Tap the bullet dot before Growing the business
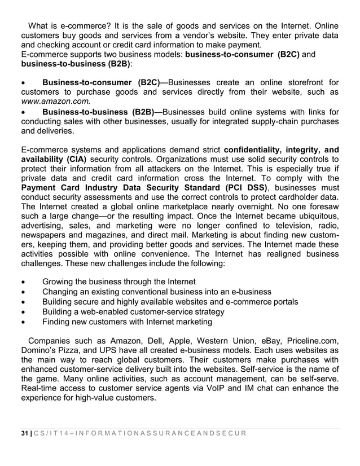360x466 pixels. point(23,282)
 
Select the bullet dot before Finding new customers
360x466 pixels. point(23,322)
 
